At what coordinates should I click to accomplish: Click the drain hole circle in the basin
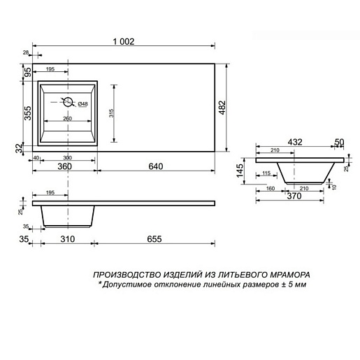tap(68, 102)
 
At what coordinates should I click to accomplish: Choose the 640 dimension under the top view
tap(155, 167)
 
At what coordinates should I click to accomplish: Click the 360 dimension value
tap(65, 167)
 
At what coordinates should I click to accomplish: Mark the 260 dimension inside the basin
tap(68, 118)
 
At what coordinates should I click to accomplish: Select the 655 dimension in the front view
tap(155, 239)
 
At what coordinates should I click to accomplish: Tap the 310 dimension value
tap(68, 239)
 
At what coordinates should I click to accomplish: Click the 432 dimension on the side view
tap(295, 143)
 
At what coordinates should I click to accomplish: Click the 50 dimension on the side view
tap(339, 143)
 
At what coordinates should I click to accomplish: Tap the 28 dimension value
tap(26, 52)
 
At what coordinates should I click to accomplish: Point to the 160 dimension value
tap(271, 187)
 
